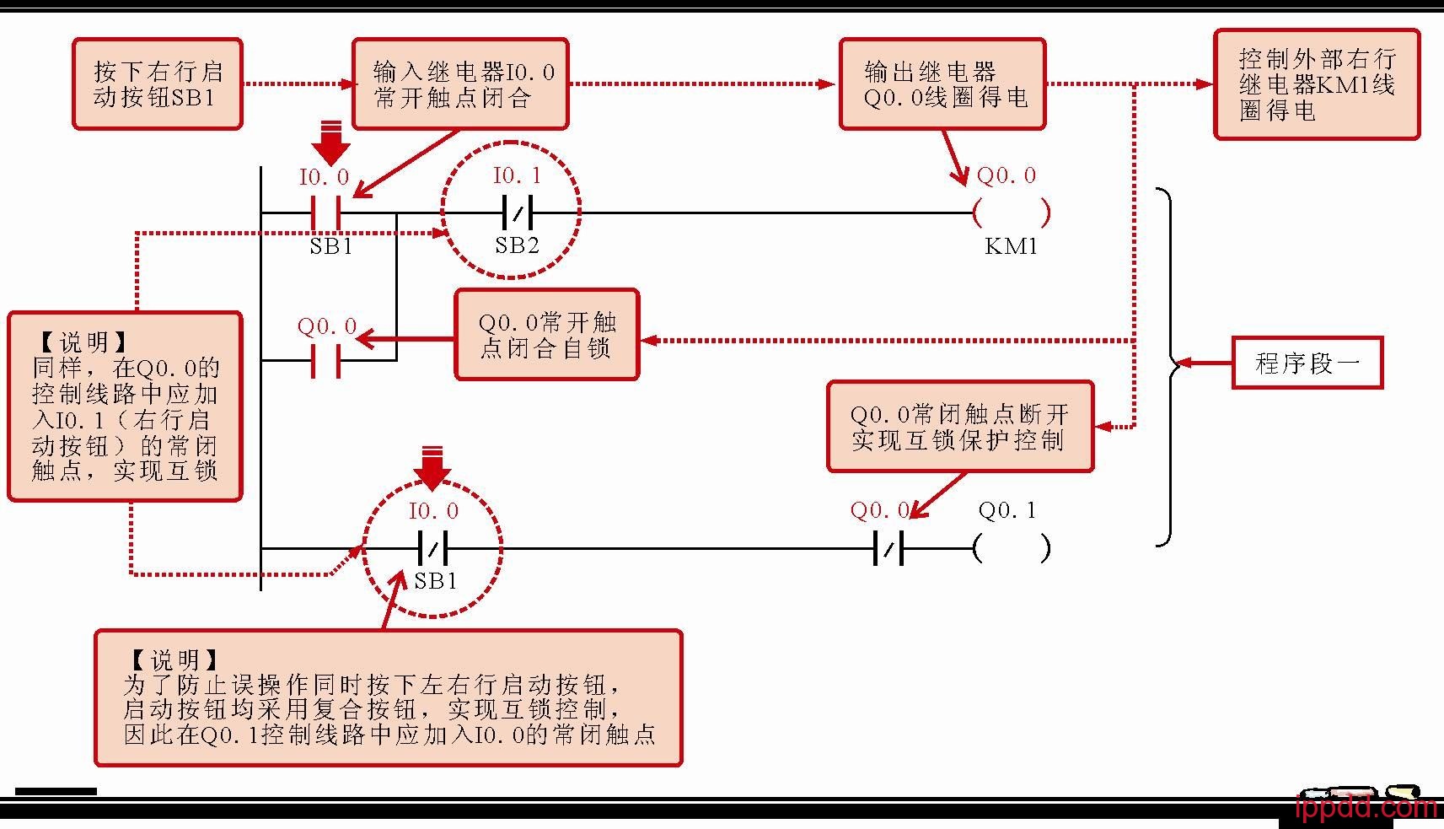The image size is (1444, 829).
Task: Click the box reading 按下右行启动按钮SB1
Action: coord(158,84)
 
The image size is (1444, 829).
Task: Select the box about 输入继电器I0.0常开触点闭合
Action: coord(460,84)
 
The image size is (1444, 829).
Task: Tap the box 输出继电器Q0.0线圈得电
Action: coord(942,84)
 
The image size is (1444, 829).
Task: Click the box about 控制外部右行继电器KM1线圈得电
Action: coord(1317,84)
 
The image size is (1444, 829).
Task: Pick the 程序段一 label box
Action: coord(1307,363)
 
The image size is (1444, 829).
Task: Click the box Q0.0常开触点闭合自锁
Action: coord(547,335)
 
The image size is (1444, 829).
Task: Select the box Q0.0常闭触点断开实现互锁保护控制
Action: coord(959,427)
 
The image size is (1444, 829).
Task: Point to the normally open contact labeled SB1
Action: coord(326,213)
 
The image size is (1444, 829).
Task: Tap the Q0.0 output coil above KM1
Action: coord(1011,213)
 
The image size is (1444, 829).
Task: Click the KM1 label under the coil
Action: coord(1011,246)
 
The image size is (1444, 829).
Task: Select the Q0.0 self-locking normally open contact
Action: coord(326,361)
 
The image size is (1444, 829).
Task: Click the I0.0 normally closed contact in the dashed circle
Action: coord(433,548)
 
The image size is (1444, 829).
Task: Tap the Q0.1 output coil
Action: coord(1011,548)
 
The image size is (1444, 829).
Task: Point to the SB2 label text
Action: coord(517,246)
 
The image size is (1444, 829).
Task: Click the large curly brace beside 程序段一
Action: coord(1168,367)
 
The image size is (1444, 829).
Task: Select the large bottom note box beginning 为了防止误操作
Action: coord(388,697)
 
